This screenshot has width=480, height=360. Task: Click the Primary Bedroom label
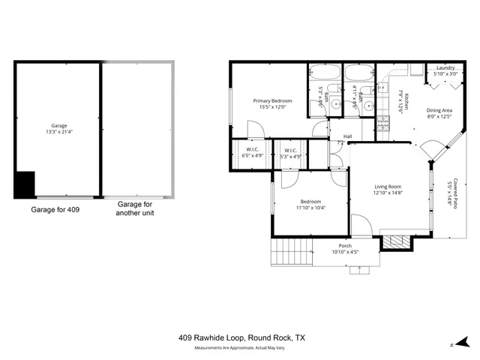(x=271, y=100)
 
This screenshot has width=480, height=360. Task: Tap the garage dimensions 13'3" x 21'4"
(x=59, y=131)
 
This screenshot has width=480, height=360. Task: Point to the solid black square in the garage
(x=25, y=184)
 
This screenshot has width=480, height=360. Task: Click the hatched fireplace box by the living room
(x=395, y=241)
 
